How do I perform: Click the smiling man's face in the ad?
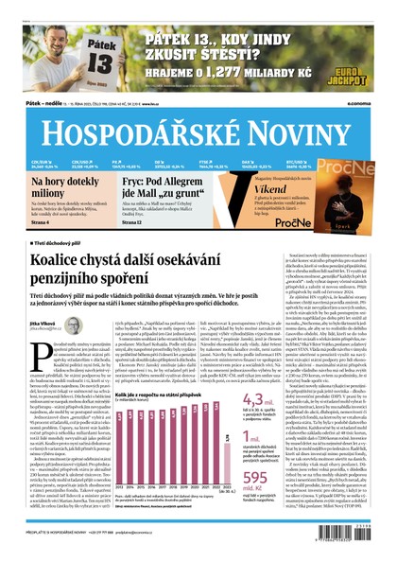point(59,33)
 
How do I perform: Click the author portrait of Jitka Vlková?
point(39,311)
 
